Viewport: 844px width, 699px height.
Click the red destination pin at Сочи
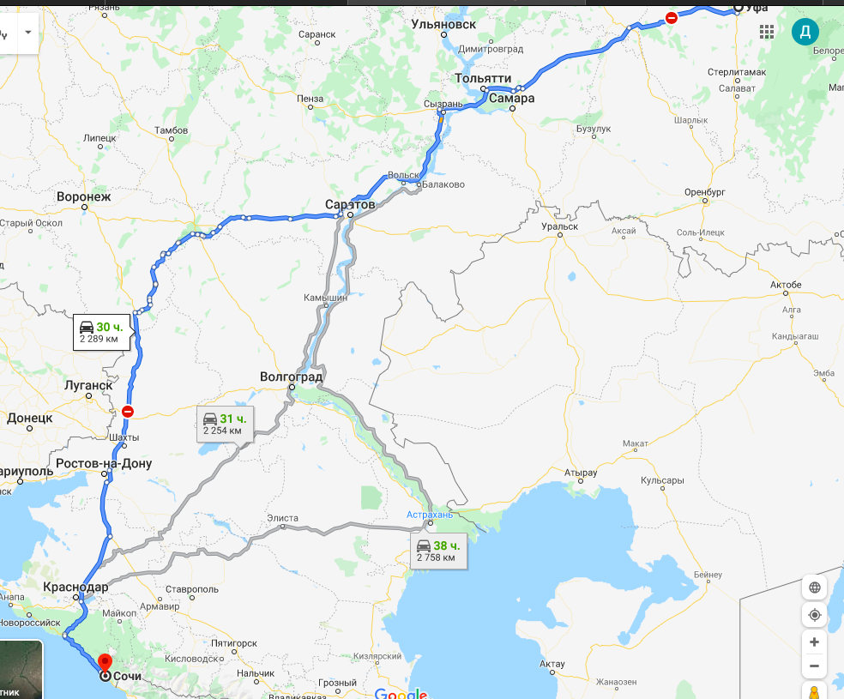point(105,662)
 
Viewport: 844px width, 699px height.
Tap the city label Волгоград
point(292,377)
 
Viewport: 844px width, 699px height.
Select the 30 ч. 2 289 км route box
point(101,332)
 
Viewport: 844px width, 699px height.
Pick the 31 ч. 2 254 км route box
point(225,424)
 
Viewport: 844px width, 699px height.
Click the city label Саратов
point(350,205)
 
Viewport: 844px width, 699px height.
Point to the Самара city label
point(512,99)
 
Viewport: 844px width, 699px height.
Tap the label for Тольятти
point(483,78)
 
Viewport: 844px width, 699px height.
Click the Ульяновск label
point(443,24)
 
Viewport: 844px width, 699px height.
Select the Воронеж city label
point(84,196)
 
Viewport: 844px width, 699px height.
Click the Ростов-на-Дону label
point(104,464)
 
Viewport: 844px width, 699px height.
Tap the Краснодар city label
point(76,587)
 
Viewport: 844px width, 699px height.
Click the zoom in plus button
point(814,642)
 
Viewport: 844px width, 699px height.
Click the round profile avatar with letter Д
point(805,32)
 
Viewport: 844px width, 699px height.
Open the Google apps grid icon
point(767,32)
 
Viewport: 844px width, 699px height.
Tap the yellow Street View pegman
point(814,690)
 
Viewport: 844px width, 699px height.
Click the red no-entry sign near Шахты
point(128,412)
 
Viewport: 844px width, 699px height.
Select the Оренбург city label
point(706,192)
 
